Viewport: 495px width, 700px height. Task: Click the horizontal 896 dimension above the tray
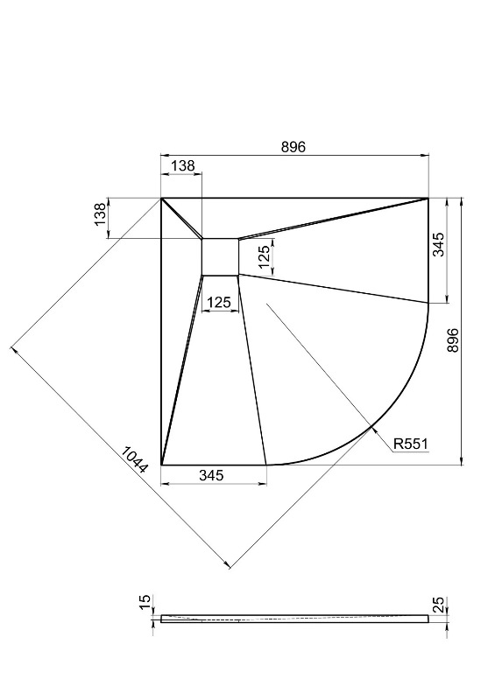click(293, 146)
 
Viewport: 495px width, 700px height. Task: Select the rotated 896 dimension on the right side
click(453, 340)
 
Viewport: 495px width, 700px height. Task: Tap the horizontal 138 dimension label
click(183, 165)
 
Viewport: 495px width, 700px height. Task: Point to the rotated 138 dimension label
click(100, 214)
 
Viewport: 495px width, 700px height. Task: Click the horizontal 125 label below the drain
click(219, 303)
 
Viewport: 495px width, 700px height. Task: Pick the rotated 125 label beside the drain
click(265, 256)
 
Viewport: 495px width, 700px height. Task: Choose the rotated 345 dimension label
click(439, 244)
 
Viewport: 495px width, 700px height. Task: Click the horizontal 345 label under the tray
click(211, 475)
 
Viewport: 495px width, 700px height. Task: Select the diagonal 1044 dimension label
click(134, 459)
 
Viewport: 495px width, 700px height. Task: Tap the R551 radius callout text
click(411, 444)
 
